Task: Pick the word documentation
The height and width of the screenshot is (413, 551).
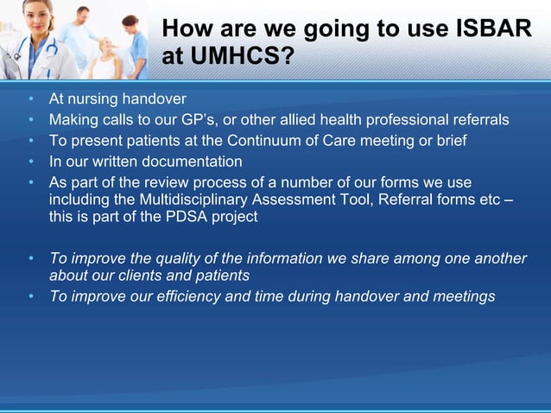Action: [x=191, y=162]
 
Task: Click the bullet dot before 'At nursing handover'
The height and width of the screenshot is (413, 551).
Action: [x=32, y=98]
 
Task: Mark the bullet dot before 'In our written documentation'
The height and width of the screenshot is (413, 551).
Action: [x=32, y=162]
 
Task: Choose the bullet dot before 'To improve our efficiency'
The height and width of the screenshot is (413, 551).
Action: [x=32, y=296]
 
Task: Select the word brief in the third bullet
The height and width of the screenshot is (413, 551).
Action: [x=448, y=140]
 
